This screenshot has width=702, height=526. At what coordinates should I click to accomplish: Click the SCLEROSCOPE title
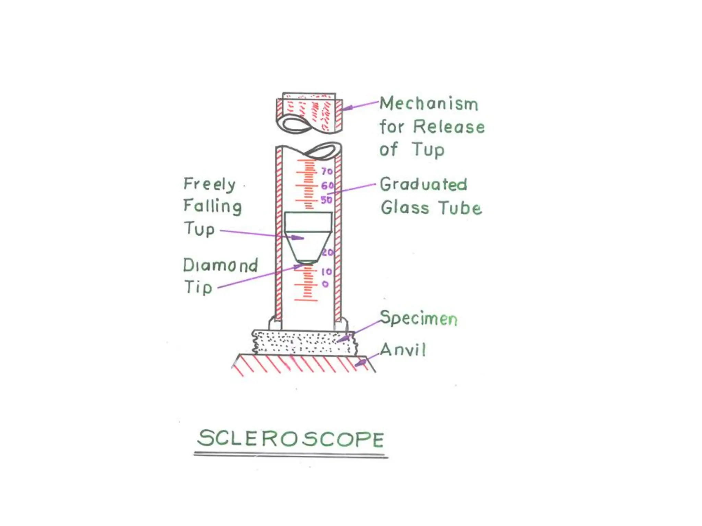(291, 438)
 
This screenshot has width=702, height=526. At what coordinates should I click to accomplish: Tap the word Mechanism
(429, 103)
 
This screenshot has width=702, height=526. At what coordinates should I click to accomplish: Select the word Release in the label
(449, 127)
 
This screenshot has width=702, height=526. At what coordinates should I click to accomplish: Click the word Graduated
(424, 184)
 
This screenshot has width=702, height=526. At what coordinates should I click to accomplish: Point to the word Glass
(405, 208)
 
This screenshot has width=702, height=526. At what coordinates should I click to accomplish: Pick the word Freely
(209, 184)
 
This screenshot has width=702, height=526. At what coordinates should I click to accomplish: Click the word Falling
(213, 206)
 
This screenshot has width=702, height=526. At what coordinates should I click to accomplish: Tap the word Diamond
(220, 265)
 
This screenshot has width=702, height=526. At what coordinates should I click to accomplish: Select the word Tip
(198, 287)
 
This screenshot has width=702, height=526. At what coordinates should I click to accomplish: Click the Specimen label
(419, 318)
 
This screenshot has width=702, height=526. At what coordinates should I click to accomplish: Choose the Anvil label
(403, 350)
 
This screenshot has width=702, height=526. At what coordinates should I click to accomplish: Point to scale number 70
(327, 171)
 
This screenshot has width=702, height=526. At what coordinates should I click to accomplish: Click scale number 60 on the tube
(327, 186)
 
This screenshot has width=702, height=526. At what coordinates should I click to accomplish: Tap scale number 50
(326, 200)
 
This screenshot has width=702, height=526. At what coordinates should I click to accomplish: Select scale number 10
(327, 272)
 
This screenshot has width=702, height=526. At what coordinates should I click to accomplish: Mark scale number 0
(325, 284)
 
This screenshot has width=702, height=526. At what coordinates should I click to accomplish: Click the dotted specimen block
(303, 341)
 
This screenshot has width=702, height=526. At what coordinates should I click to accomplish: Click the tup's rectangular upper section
(308, 221)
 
